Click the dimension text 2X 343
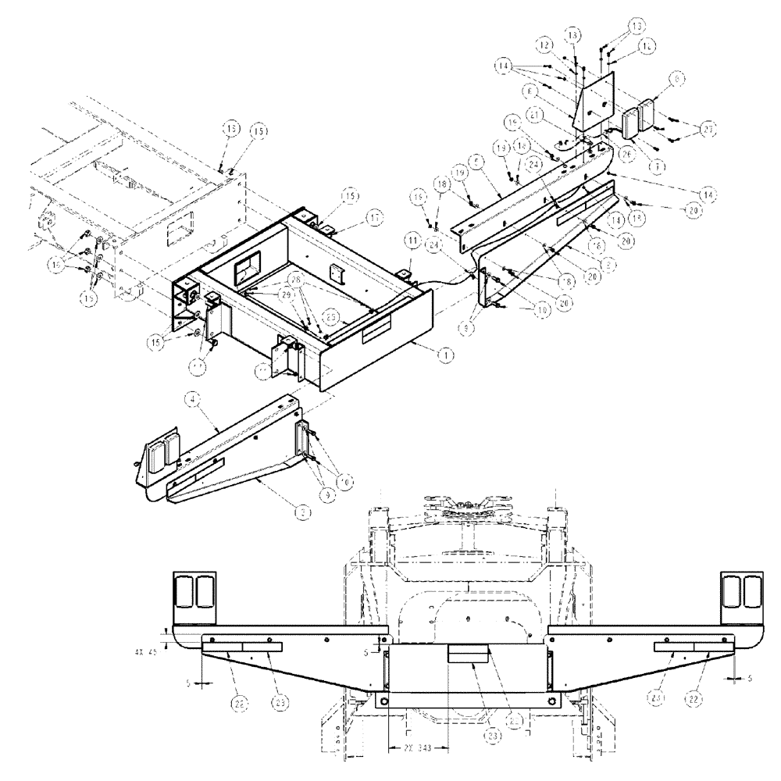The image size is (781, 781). tap(418, 747)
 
